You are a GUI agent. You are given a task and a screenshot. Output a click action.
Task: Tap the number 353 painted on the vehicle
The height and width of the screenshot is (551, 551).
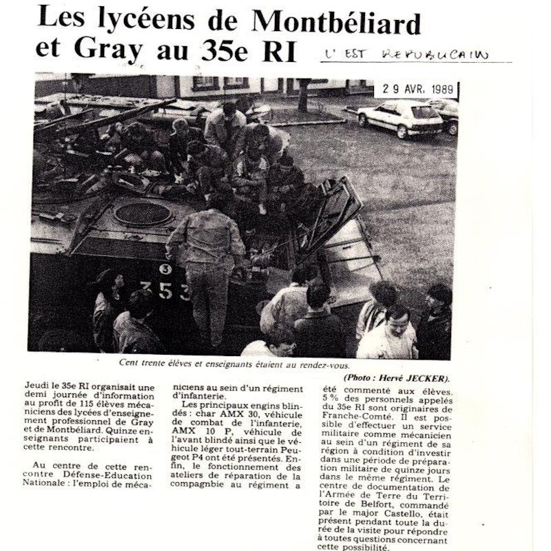point(165,289)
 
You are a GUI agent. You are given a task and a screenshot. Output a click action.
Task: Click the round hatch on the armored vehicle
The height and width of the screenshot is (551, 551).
point(144,214)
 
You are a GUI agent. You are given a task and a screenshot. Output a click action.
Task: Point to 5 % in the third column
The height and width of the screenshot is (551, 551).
point(331,397)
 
